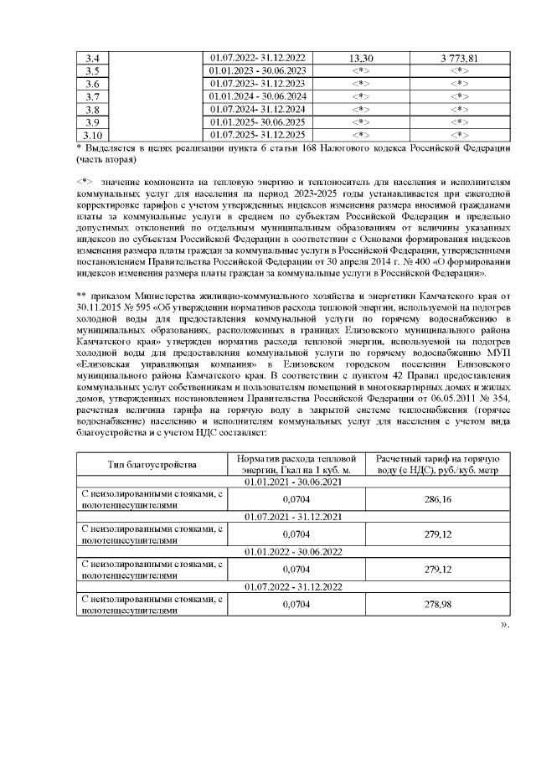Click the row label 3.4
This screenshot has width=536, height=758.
[93, 58]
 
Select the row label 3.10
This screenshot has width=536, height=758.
[93, 134]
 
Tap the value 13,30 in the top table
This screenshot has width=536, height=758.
[359, 58]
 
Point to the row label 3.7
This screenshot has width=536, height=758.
[93, 96]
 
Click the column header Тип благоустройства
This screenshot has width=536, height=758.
[152, 464]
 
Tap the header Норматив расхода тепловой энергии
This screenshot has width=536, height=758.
[301, 464]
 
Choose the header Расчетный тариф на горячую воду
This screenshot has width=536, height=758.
[437, 464]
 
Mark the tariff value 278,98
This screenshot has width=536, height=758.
[437, 603]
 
